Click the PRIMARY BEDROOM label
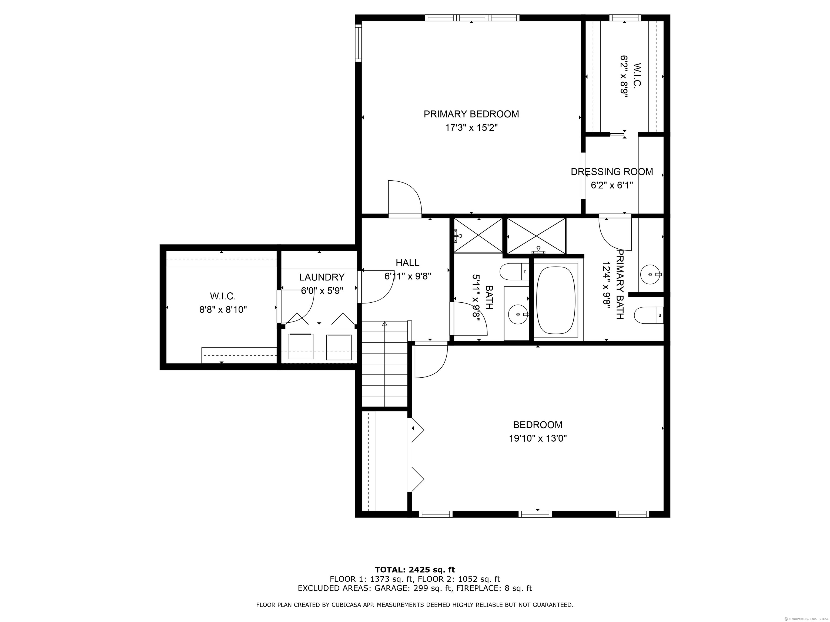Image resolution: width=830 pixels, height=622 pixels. pos(471,114)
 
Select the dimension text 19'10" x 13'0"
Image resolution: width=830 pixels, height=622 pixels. pos(537,438)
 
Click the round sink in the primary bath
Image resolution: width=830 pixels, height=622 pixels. pos(650,275)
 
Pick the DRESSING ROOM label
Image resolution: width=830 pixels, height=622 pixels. pos(612,172)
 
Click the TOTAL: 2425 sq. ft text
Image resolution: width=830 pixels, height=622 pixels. pos(415,570)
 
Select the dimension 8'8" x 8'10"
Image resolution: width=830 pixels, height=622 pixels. pos(223,310)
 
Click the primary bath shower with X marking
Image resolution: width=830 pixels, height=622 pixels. pos(536,236)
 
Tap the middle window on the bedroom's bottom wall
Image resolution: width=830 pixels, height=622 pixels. pos(535,514)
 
